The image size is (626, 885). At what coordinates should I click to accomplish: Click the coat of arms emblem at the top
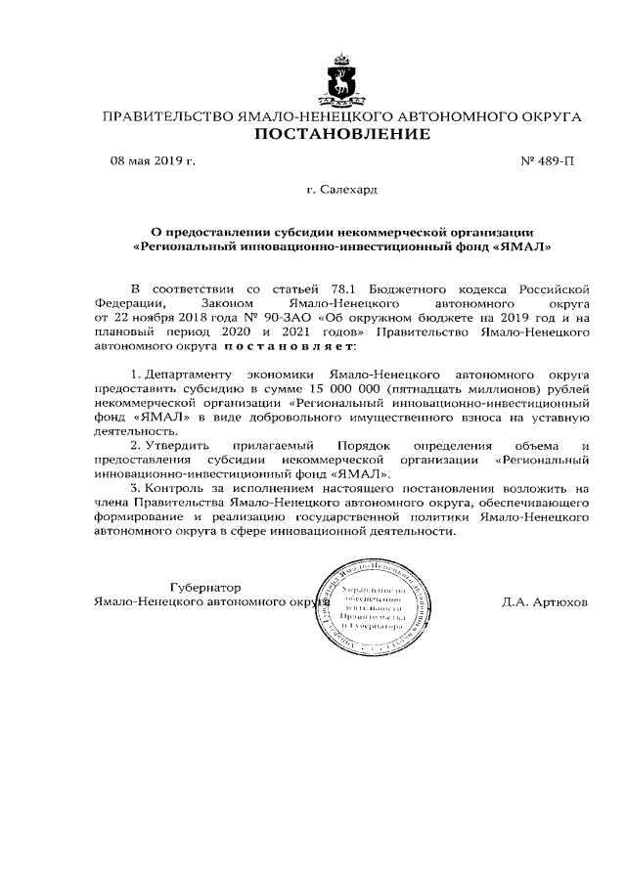point(341,79)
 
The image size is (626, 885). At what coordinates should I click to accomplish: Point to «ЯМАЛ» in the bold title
point(524,247)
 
